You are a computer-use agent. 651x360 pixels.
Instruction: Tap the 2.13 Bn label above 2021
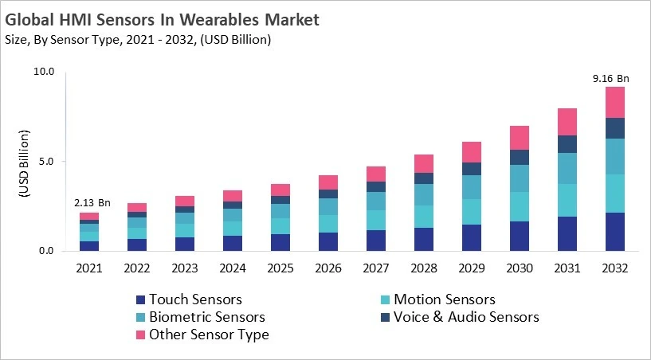(89, 203)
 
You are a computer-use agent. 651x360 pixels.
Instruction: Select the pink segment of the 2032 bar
(614, 102)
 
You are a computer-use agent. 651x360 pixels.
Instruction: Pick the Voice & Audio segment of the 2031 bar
(567, 143)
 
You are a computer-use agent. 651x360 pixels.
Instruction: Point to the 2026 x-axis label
(327, 268)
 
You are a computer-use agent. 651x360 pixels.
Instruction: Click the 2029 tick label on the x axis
(471, 268)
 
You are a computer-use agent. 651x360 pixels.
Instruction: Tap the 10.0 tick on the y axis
(43, 72)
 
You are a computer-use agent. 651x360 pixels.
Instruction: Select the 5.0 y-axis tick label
(46, 162)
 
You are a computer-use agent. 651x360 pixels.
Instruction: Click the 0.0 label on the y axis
(46, 252)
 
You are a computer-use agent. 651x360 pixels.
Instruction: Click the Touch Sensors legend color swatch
(141, 299)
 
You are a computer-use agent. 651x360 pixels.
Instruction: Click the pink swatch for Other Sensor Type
(141, 335)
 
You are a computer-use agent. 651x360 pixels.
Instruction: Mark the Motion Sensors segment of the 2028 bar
(423, 217)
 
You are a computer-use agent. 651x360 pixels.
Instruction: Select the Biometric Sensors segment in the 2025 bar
(280, 211)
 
